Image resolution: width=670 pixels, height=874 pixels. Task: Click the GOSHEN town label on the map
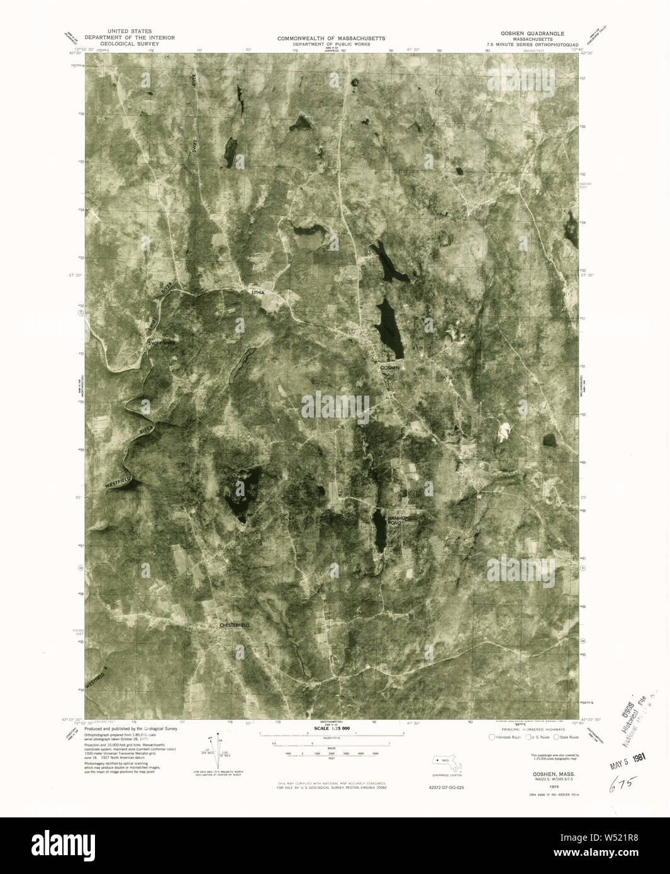tap(390, 367)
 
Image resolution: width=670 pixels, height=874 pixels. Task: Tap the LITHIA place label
tap(259, 293)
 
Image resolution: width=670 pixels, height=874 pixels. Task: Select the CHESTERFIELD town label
tap(234, 625)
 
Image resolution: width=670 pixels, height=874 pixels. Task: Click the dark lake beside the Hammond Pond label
tap(379, 529)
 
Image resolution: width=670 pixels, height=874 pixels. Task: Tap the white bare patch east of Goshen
tap(504, 431)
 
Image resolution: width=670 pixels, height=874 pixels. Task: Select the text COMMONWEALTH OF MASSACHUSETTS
tap(331, 38)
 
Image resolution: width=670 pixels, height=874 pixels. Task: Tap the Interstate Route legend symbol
tap(491, 736)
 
